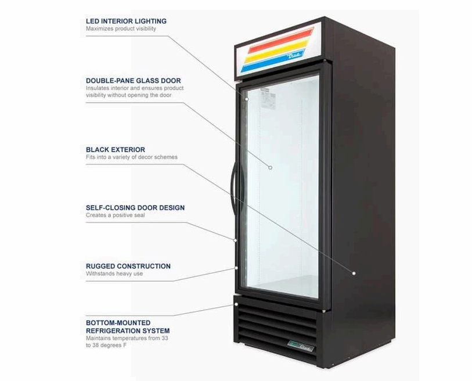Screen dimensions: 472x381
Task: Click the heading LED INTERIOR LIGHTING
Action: tap(126, 21)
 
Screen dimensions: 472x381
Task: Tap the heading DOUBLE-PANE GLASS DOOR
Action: tap(133, 81)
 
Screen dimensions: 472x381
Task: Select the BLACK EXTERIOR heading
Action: tap(116, 149)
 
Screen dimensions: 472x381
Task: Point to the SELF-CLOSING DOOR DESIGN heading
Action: tap(135, 207)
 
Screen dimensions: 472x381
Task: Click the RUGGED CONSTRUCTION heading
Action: tap(128, 266)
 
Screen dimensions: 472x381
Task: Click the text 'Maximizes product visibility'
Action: tap(121, 28)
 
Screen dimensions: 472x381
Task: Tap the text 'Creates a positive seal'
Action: tap(116, 215)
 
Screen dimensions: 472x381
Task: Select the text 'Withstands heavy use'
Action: tap(114, 274)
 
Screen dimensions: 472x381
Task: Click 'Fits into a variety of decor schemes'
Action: tap(132, 157)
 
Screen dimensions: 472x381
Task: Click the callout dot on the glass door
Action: tap(271, 167)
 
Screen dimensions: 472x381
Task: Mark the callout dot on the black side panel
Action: tap(353, 272)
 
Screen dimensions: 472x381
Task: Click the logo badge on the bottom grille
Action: tap(302, 350)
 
